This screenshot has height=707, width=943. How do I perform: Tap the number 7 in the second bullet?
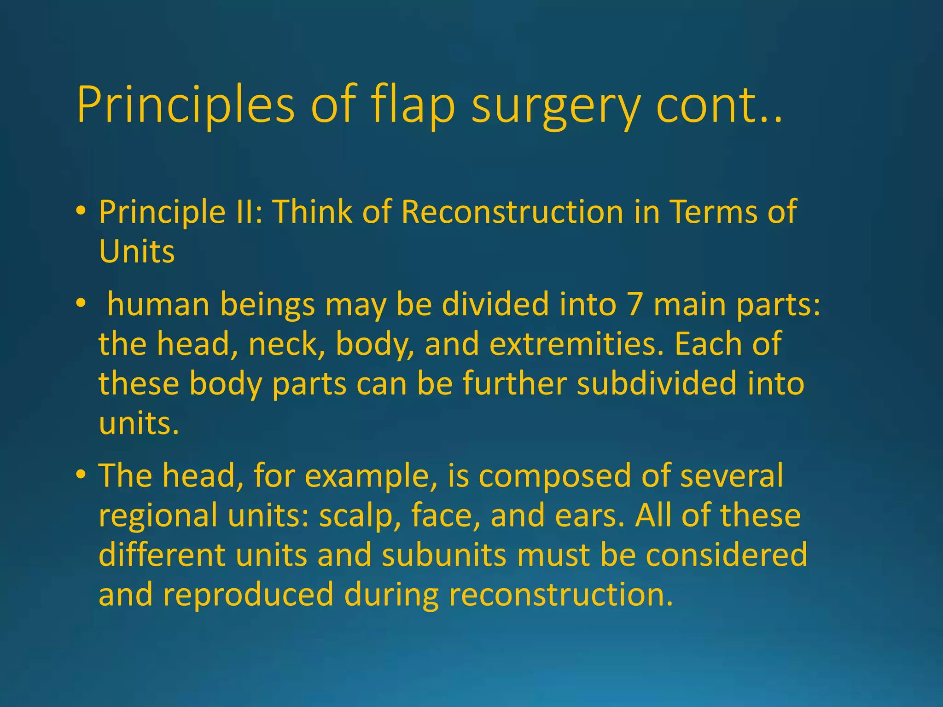(x=634, y=305)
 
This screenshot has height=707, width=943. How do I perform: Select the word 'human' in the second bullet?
(x=158, y=305)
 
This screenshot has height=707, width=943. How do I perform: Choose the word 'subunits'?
(x=444, y=555)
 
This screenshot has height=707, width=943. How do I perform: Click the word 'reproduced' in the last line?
(x=248, y=594)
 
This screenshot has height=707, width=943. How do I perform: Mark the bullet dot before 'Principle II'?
(x=81, y=211)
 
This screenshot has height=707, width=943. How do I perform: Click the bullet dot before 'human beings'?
(x=81, y=304)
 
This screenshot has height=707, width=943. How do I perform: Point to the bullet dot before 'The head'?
(x=81, y=475)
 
